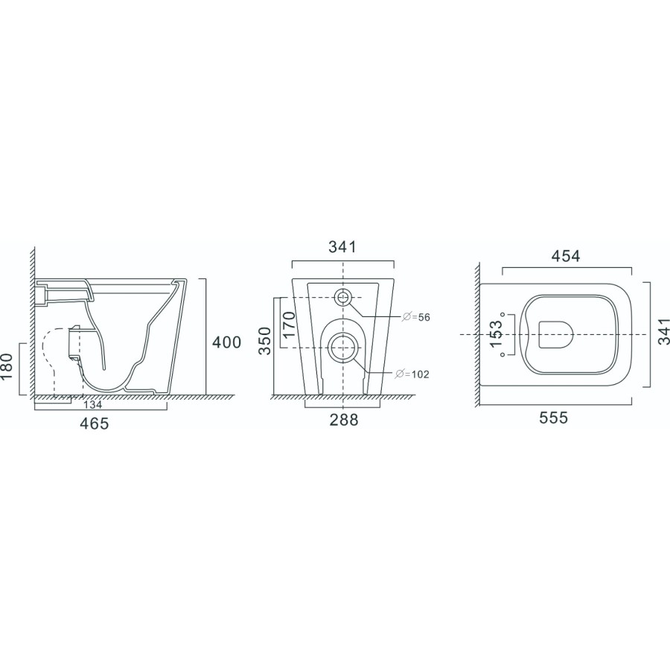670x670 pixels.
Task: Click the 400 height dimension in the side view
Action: coord(226,342)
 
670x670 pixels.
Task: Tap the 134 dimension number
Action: coord(93,406)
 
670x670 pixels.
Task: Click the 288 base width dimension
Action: coord(343,420)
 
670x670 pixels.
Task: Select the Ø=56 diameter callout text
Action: coord(417,318)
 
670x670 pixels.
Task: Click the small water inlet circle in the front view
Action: coord(342,298)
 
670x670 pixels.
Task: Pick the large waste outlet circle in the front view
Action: coord(342,346)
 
